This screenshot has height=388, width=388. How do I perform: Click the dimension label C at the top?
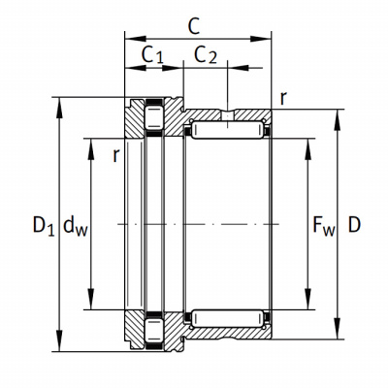(194, 26)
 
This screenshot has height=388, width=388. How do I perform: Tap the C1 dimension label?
(152, 54)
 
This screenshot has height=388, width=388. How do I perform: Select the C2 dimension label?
(206, 54)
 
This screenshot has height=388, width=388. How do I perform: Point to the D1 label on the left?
(44, 225)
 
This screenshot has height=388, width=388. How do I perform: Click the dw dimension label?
(76, 225)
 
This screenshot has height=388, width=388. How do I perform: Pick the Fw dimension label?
(324, 225)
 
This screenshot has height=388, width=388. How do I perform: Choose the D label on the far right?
(354, 225)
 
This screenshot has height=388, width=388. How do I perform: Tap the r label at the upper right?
(283, 98)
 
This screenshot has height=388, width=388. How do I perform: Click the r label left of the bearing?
(116, 155)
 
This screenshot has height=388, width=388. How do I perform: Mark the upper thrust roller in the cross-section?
(154, 116)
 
